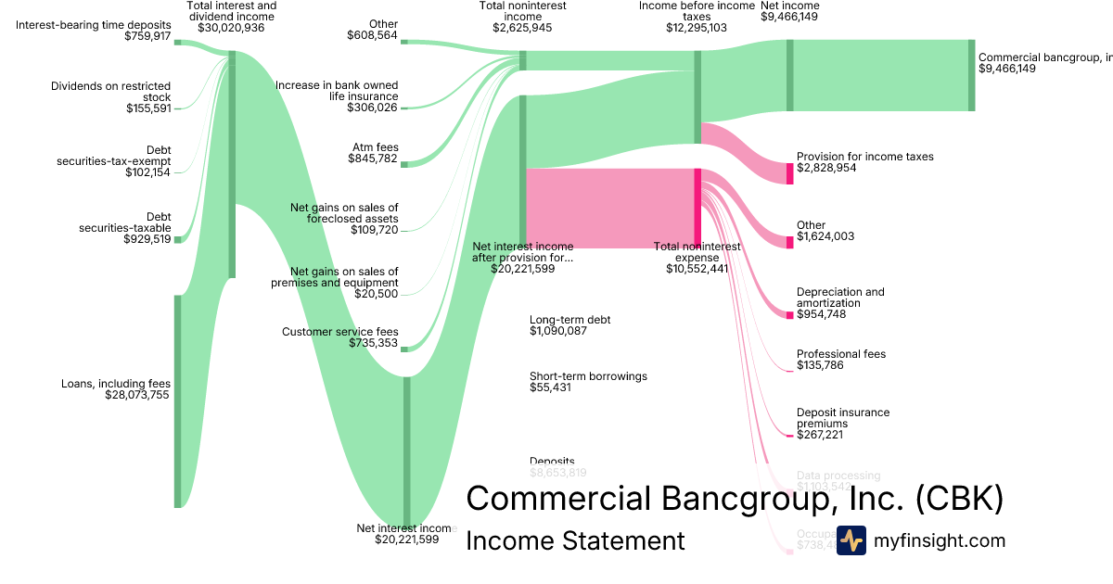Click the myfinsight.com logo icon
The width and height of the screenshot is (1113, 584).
[851, 540]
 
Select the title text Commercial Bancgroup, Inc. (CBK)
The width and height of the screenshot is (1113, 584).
[734, 499]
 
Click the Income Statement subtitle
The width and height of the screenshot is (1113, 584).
[575, 540]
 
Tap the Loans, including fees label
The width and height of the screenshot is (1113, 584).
[116, 383]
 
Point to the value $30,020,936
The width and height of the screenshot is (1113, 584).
[231, 28]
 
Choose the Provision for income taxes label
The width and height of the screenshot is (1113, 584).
[864, 157]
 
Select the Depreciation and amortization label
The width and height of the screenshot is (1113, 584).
[840, 298]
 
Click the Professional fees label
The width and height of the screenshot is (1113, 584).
[840, 354]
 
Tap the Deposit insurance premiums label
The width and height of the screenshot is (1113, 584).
[842, 418]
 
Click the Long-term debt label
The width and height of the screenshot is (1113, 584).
[569, 320]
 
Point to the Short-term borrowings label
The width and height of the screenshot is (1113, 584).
[588, 376]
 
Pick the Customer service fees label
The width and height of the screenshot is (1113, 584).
[339, 332]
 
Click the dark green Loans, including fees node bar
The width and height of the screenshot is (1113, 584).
[178, 401]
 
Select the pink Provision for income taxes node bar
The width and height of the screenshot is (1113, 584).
[790, 173]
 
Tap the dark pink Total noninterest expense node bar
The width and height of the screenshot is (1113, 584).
[697, 208]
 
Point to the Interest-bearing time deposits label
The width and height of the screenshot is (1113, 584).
[93, 25]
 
